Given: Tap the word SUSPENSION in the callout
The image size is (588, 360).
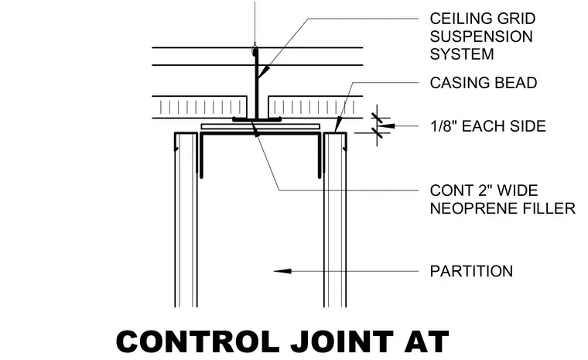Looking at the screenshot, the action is point(481,36).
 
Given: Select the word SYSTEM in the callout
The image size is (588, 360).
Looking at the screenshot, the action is point(462,54).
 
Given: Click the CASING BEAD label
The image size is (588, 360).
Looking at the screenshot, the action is point(484,83).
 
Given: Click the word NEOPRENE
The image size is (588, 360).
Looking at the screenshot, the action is point(473,208).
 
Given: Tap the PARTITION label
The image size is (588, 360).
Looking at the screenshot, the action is point(471,271).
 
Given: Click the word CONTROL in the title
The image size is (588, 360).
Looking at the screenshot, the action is point(198,341).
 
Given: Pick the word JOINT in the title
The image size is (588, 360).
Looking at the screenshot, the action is point(343,341).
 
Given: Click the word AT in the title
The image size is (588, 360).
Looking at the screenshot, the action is point(427,341).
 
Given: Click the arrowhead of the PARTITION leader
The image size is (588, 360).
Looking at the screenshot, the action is point(282,271).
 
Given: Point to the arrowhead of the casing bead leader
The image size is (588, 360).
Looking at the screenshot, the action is point(338,124).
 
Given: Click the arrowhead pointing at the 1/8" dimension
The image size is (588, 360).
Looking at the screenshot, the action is point(387,125).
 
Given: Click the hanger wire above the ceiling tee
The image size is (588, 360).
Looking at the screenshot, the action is point(255,22).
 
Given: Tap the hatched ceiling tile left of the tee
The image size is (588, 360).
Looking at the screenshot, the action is point(200,108).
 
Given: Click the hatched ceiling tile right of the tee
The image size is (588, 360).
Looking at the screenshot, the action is point(316,108).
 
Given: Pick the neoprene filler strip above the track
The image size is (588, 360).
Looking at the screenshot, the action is point(260,126).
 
